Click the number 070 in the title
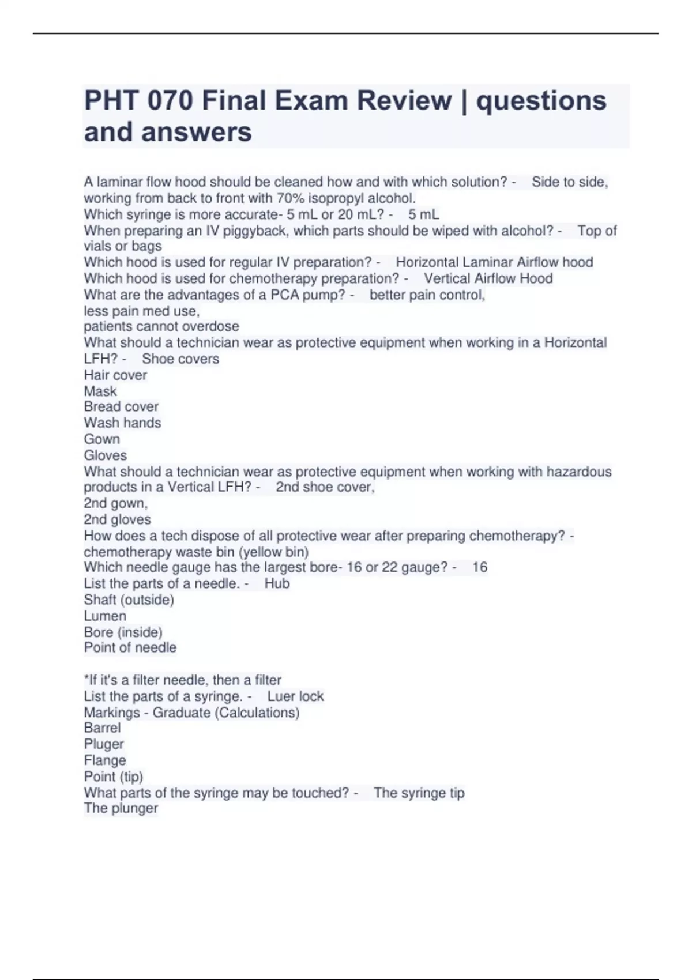(x=170, y=101)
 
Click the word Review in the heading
(x=404, y=101)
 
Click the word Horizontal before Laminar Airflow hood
(x=427, y=262)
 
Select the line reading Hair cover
(x=115, y=375)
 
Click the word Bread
(x=101, y=406)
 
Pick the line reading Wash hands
(x=122, y=423)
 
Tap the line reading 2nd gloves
(x=117, y=519)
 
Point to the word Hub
(x=277, y=583)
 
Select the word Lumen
(x=105, y=616)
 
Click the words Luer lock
(x=295, y=696)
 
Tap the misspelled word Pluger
(x=104, y=744)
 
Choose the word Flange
(x=105, y=760)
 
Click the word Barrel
(x=103, y=728)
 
